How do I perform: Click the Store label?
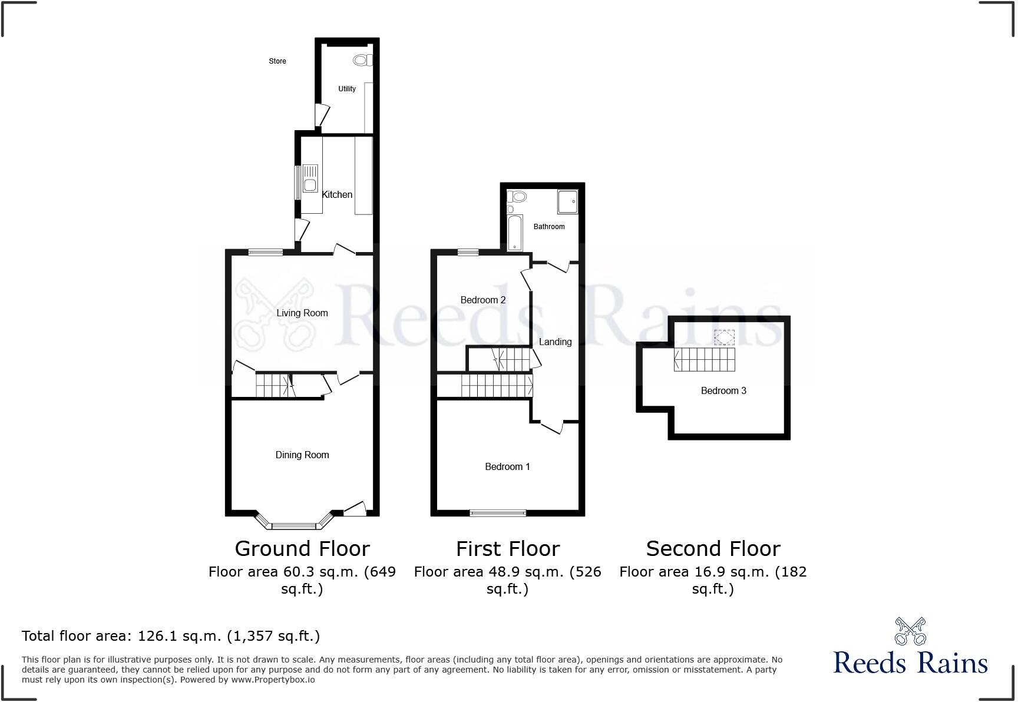tap(277, 61)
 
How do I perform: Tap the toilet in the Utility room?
tap(362, 60)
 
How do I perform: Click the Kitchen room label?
tap(337, 194)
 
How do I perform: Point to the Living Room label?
tap(302, 313)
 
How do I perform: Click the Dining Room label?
tap(302, 455)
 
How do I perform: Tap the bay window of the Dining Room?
tap(295, 524)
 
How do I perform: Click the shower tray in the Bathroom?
tap(567, 201)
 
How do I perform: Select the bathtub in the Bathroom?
tap(515, 232)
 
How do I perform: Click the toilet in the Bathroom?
tap(518, 197)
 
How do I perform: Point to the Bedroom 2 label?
tap(483, 300)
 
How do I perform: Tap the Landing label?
tap(555, 342)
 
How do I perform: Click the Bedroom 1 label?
tap(507, 466)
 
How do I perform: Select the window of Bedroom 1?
tap(498, 513)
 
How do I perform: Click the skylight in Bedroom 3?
tap(725, 337)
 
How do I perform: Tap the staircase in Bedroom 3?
tap(705, 359)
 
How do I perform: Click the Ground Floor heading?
tap(302, 548)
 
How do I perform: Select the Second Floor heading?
tap(713, 548)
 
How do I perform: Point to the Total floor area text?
tap(171, 635)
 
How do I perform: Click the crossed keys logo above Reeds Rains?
tap(910, 631)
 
